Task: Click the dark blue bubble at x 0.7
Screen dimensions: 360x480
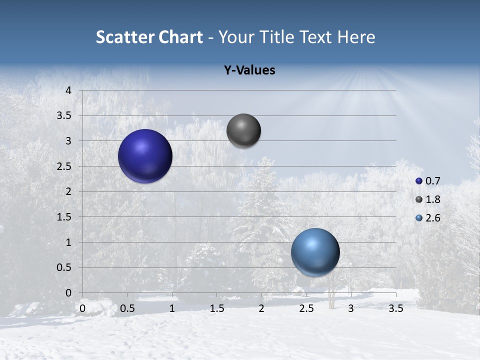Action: [145, 156]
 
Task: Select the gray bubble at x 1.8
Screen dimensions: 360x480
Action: [243, 131]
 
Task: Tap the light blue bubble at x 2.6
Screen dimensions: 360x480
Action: [315, 252]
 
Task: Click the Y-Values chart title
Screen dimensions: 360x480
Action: [249, 70]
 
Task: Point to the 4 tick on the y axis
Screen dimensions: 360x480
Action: [68, 90]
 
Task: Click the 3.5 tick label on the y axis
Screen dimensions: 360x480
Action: [64, 115]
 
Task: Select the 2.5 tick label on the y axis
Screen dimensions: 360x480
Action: [64, 166]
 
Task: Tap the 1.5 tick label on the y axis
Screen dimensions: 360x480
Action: [64, 217]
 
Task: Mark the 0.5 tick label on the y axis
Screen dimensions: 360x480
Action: [64, 267]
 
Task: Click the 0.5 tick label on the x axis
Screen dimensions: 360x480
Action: [127, 308]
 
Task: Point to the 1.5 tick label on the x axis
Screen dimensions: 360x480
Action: [217, 308]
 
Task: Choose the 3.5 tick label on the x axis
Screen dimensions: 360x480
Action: [395, 308]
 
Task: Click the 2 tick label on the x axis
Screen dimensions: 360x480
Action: [261, 308]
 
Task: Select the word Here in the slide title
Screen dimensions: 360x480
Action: [356, 37]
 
